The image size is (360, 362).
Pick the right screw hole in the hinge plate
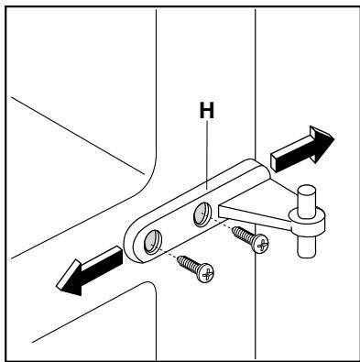click(x=202, y=216)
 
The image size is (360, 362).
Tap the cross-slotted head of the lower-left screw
click(x=208, y=273)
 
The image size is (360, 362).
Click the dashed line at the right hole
click(x=220, y=223)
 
